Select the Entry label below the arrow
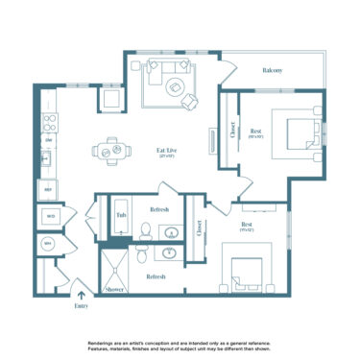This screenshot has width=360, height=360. tap(81, 307)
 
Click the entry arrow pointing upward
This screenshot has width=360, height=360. tap(81, 295)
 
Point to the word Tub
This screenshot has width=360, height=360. tap(122, 216)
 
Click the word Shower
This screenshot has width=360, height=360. tap(115, 288)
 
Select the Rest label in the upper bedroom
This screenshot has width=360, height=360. tap(256, 131)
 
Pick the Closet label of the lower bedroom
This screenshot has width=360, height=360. tap(200, 228)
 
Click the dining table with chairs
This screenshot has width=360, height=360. tap(108, 150)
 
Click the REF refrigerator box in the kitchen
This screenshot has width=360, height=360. tap(46, 191)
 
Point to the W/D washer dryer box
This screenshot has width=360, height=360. tap(48, 217)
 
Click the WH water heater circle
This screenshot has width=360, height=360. tap(47, 244)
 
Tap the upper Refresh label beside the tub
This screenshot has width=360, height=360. tap(160, 209)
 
